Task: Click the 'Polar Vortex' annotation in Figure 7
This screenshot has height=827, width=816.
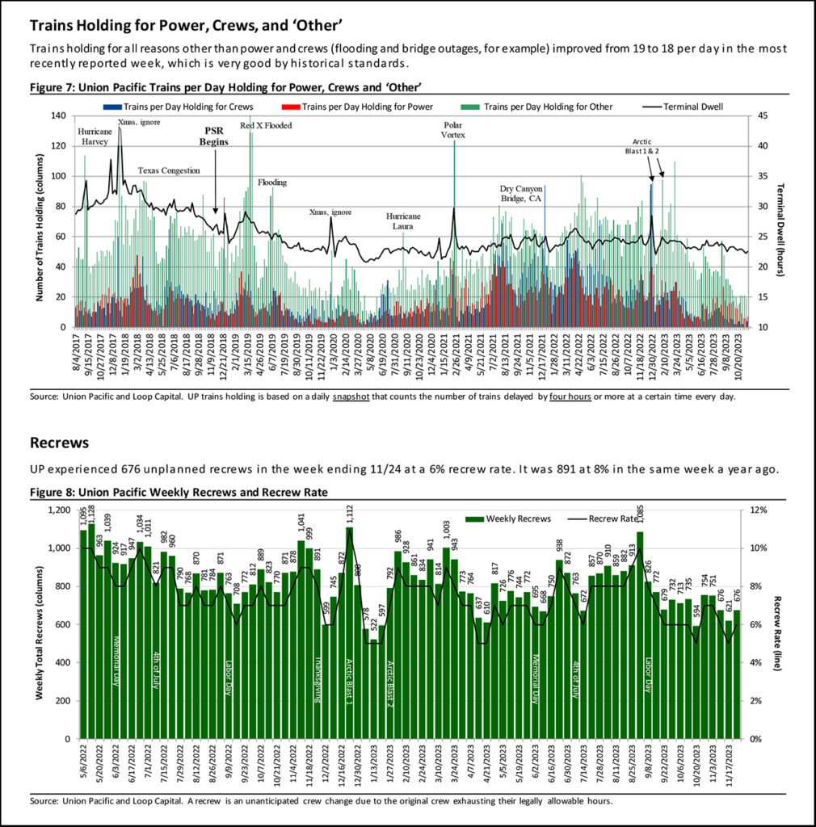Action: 454,130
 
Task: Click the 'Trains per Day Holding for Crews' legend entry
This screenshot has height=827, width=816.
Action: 179,107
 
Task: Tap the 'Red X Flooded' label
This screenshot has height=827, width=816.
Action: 266,126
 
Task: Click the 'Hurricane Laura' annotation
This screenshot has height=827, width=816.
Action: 404,221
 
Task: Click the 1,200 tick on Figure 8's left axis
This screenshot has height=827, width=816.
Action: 59,510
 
